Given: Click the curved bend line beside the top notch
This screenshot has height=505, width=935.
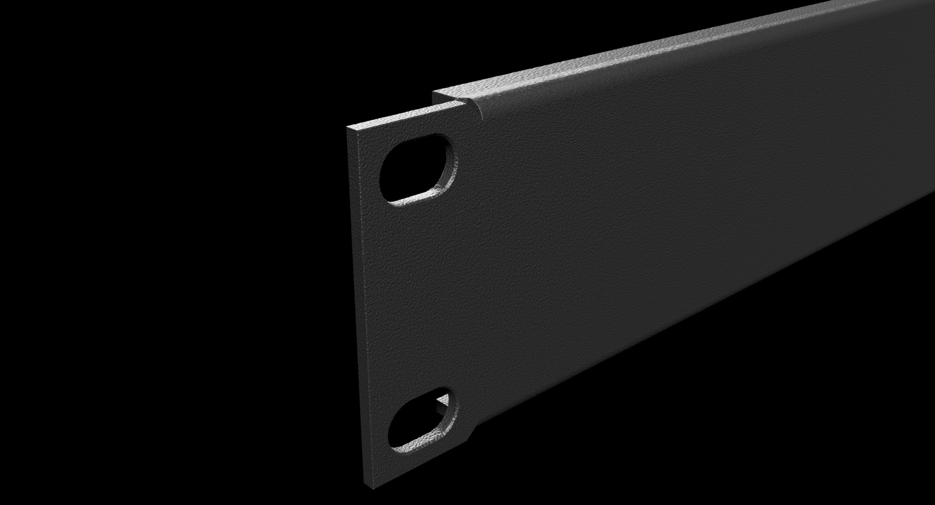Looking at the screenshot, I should point(480,109).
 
